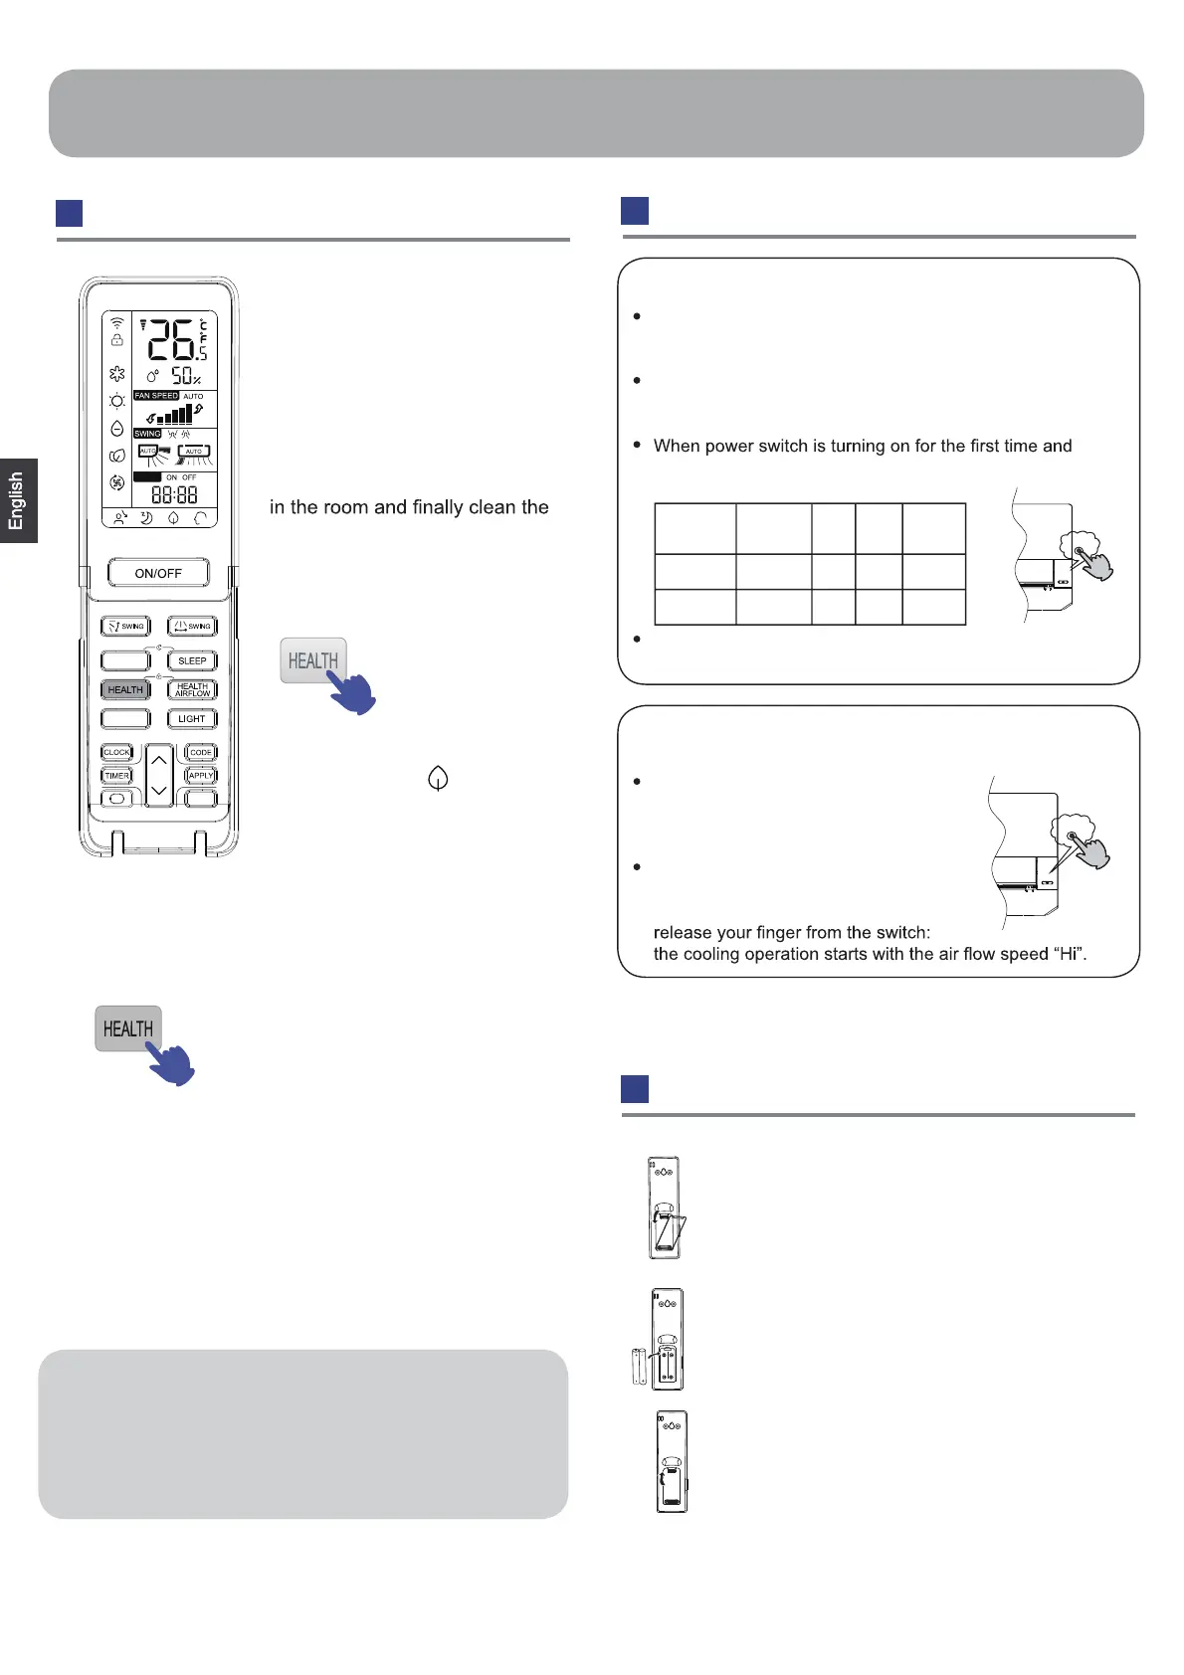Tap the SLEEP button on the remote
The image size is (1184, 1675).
[192, 660]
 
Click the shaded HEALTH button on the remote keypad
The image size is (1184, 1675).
[125, 689]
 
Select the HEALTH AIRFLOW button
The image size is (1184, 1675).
[192, 689]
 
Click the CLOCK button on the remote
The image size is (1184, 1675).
[116, 752]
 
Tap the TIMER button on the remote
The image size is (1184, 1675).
[116, 776]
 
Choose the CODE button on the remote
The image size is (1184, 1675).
[201, 752]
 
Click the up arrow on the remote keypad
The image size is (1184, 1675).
[159, 761]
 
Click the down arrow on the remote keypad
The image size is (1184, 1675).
[159, 791]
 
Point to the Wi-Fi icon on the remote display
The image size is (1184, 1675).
[117, 323]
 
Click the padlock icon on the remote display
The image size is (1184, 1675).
[117, 340]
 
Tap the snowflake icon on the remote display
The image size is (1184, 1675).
[117, 374]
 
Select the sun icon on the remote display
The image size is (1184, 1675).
[117, 401]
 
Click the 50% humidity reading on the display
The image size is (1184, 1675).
[185, 376]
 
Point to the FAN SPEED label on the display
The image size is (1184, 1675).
[156, 396]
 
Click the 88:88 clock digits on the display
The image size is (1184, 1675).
[174, 494]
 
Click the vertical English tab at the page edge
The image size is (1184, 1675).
[17, 500]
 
